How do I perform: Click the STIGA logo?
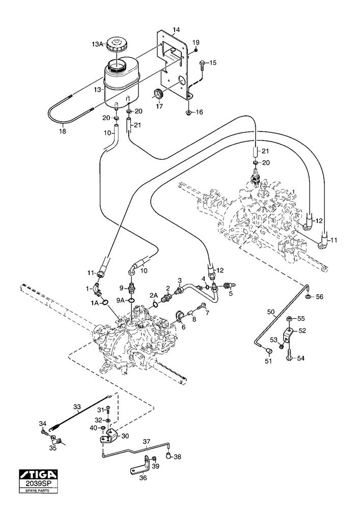pos(38,474)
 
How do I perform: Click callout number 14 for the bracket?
pos(176,31)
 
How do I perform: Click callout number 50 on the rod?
pos(271,312)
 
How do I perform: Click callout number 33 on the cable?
pos(77,407)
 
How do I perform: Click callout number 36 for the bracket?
pos(144,478)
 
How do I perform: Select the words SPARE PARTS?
pos(38,491)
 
